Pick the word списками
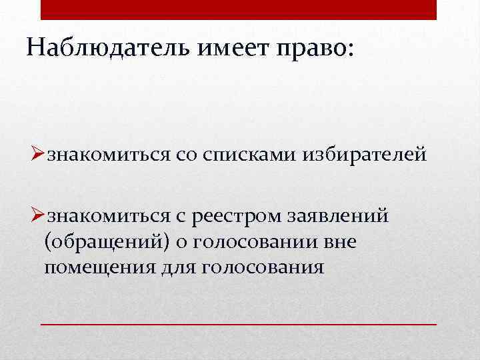[x=247, y=156]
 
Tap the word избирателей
[x=361, y=156]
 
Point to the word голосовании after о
[x=253, y=242]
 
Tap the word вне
[x=339, y=242]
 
